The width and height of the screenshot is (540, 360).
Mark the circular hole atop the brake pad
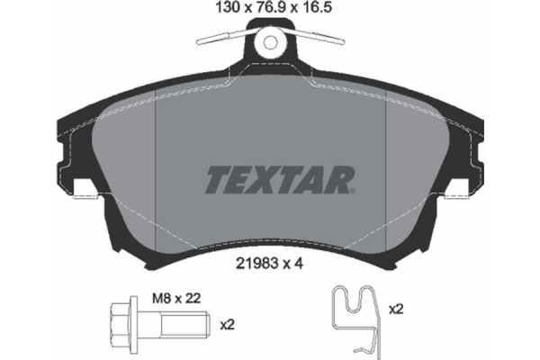point(269,43)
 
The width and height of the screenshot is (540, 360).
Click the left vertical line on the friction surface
point(157,171)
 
